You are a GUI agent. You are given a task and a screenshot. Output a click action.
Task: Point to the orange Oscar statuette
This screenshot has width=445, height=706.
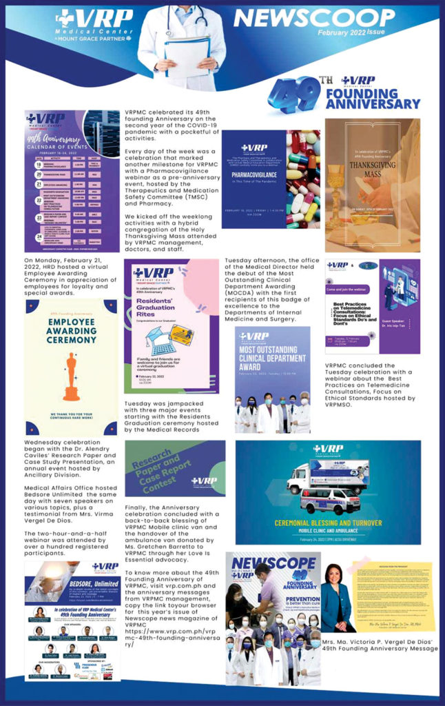[x=71, y=377]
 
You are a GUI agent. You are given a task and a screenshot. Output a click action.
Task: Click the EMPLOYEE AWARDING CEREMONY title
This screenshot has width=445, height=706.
[x=71, y=331]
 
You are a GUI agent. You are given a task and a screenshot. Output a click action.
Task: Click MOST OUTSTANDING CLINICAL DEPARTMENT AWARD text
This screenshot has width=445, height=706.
[x=272, y=361]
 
